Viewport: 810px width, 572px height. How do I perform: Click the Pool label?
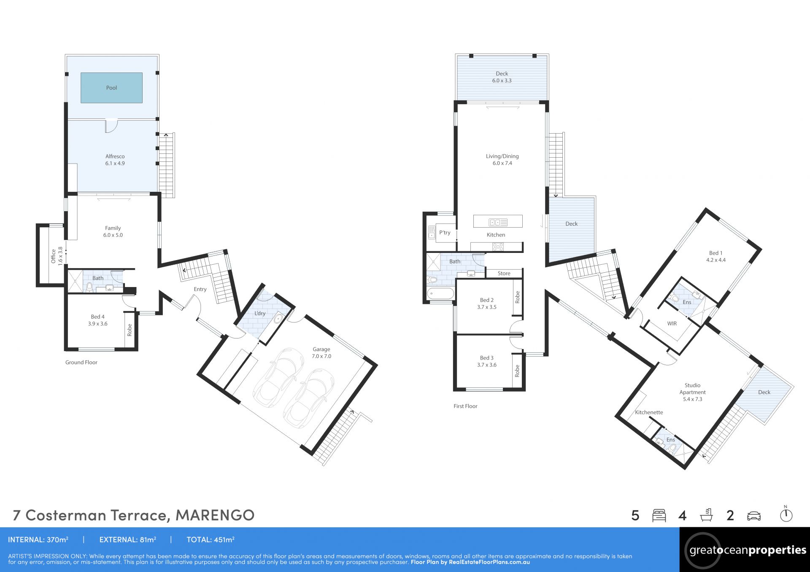pos(111,88)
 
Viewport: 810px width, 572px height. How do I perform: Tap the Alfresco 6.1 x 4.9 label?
pos(115,160)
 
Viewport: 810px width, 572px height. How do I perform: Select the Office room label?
pos(57,256)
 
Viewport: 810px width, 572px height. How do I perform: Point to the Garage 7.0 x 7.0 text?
pos(321,352)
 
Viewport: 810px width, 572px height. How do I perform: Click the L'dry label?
pos(260,313)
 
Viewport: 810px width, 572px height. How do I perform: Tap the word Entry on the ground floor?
pos(200,289)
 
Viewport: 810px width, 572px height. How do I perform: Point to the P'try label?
pos(445,232)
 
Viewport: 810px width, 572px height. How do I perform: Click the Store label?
pos(504,273)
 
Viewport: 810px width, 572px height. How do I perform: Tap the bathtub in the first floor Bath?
pos(440,293)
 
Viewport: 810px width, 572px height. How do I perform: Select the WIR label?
pos(672,324)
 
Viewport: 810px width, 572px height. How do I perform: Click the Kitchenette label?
pos(649,412)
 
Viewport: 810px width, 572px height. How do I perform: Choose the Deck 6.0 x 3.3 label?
pos(502,77)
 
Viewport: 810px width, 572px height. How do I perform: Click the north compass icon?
pos(786,514)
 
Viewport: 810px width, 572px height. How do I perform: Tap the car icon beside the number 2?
pos(754,516)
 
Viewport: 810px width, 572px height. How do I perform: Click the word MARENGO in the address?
pos(215,515)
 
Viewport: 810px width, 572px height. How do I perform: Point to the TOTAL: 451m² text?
pos(211,540)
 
